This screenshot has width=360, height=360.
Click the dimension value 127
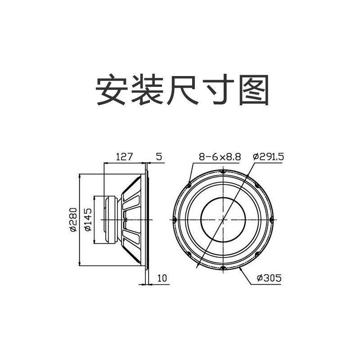pyautogui.click(x=124, y=157)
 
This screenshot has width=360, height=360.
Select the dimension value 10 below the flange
pyautogui.click(x=162, y=279)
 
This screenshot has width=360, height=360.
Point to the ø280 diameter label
pyautogui.click(x=73, y=220)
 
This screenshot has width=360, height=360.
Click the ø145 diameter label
pyautogui.click(x=88, y=220)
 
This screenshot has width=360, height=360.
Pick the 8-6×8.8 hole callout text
pyautogui.click(x=220, y=157)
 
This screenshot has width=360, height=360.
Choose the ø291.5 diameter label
pyautogui.click(x=268, y=157)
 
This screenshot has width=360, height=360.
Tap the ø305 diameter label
pyautogui.click(x=269, y=279)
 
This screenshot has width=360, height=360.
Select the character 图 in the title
pyautogui.click(x=255, y=90)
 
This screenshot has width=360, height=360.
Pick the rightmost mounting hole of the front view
pyautogui.click(x=272, y=220)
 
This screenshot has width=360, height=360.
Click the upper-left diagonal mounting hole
pyautogui.click(x=189, y=185)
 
